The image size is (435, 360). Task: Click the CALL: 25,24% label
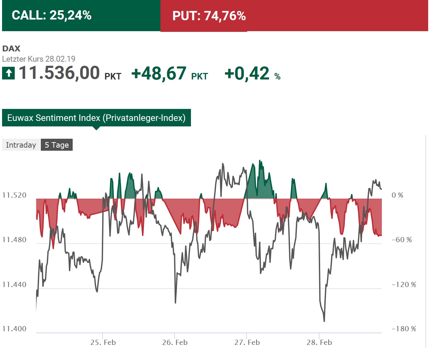(x=51, y=15)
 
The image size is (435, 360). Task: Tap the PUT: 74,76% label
(x=209, y=16)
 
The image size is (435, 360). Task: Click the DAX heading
(x=11, y=49)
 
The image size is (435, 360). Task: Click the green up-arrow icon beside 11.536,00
(x=9, y=73)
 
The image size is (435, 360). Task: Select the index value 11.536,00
(x=59, y=73)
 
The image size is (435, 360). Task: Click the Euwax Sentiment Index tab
(x=96, y=118)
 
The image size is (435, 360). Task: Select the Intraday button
(x=21, y=145)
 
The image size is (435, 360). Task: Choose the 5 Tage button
(x=57, y=145)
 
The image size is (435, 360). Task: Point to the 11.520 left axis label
(x=14, y=195)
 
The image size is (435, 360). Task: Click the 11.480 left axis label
(x=14, y=240)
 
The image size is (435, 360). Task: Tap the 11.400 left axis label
(x=14, y=329)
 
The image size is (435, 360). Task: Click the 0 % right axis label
(x=397, y=195)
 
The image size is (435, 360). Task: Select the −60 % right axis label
(x=402, y=240)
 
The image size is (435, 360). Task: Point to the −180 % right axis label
(x=404, y=329)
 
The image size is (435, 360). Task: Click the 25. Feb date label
(x=103, y=343)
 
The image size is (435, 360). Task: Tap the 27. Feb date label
(x=247, y=343)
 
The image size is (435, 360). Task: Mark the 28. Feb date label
(x=319, y=343)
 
